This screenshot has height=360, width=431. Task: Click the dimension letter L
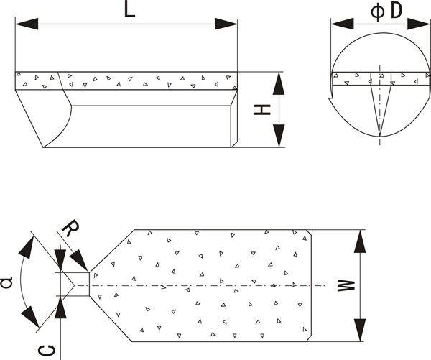point(130,9)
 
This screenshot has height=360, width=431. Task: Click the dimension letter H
point(262,110)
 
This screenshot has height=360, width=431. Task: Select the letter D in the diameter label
point(396,11)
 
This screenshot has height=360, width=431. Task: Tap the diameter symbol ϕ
point(378,11)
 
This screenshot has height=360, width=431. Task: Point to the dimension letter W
point(346,286)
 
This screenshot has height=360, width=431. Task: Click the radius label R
point(70,228)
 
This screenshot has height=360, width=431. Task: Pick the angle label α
point(6,282)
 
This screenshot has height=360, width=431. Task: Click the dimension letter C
point(47,351)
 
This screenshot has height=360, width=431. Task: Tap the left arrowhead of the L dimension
point(27,24)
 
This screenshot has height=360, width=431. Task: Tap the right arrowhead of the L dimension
point(226,24)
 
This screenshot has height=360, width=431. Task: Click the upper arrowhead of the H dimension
point(279,83)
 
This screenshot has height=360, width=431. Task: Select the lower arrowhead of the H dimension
point(279,136)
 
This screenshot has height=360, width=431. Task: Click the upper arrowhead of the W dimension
point(360,241)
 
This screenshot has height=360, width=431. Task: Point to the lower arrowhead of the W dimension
point(360,330)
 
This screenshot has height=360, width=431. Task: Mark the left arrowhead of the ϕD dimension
point(342,24)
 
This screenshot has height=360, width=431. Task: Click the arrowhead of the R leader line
point(78,260)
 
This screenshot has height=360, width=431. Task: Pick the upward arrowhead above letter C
point(60,308)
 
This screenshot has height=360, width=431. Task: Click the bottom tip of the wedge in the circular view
point(380,137)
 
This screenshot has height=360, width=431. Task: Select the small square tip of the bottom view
point(82,285)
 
